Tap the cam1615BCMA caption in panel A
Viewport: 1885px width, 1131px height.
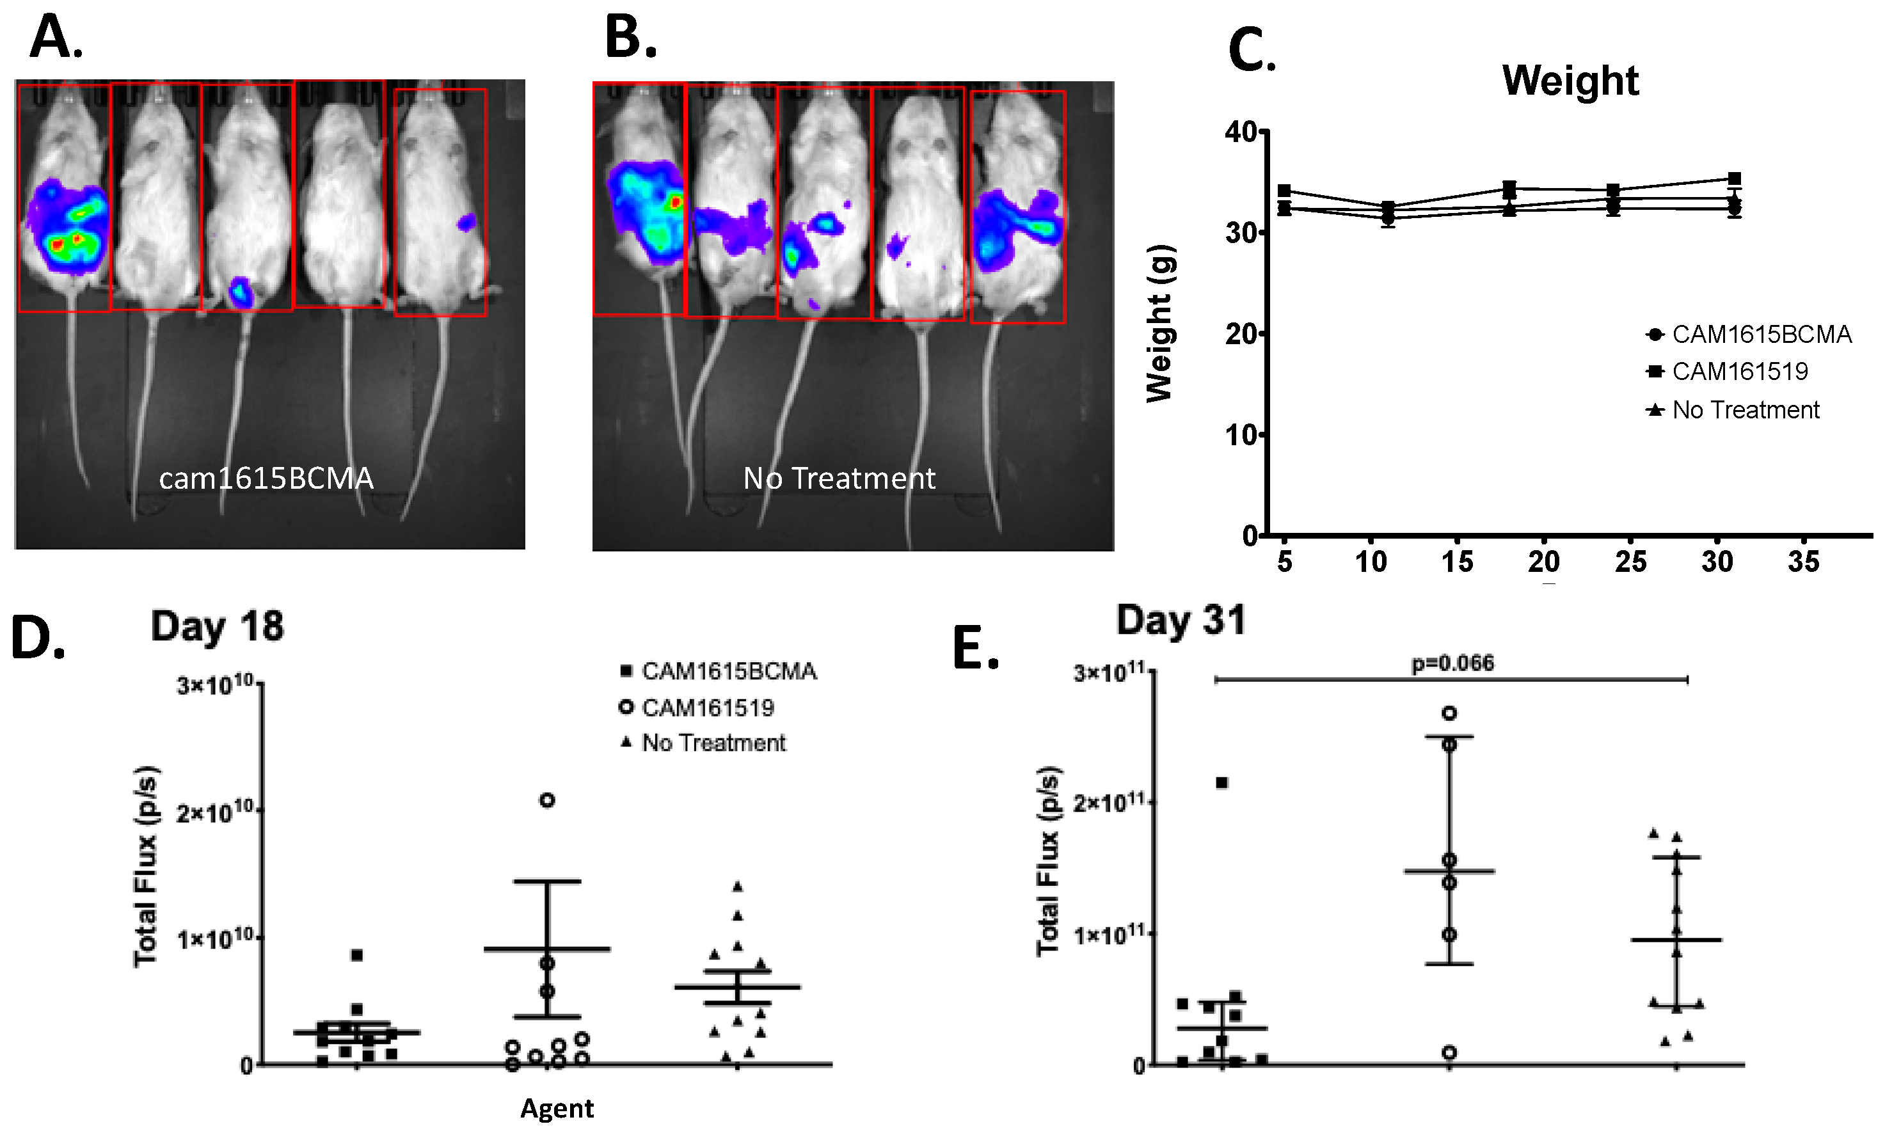pyautogui.click(x=266, y=478)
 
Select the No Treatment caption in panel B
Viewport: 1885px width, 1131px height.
pyautogui.click(x=838, y=478)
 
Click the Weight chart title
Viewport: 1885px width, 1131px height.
pyautogui.click(x=1570, y=80)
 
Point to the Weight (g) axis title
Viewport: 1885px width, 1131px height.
pyautogui.click(x=1159, y=323)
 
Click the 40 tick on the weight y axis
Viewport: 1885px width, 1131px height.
pyautogui.click(x=1240, y=132)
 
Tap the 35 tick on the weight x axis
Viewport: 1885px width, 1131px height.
pyautogui.click(x=1804, y=562)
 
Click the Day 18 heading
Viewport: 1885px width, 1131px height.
pyautogui.click(x=218, y=626)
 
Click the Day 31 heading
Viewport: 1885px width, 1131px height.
pyautogui.click(x=1181, y=620)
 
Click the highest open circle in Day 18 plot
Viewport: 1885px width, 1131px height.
pyautogui.click(x=547, y=800)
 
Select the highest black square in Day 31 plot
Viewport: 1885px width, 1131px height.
pyautogui.click(x=1222, y=783)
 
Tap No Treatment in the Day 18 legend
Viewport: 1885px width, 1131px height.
pyautogui.click(x=713, y=743)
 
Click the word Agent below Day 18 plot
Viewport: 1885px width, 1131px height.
pyautogui.click(x=557, y=1108)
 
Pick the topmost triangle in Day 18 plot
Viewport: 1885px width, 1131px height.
pyautogui.click(x=737, y=887)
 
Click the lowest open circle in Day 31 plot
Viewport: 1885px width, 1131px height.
pyautogui.click(x=1449, y=1052)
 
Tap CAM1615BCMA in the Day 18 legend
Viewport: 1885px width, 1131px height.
pyautogui.click(x=729, y=672)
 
